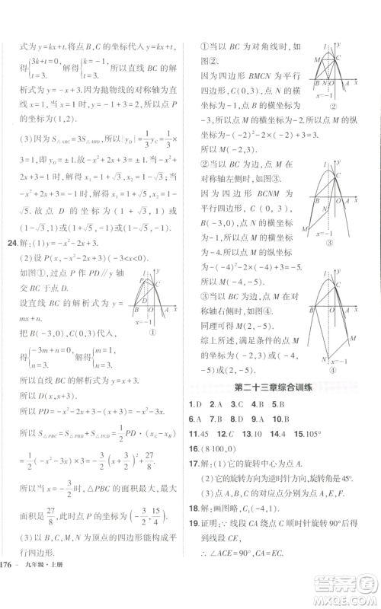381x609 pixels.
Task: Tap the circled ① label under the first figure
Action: [152, 332]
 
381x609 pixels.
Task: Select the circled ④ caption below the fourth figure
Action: [334, 370]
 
